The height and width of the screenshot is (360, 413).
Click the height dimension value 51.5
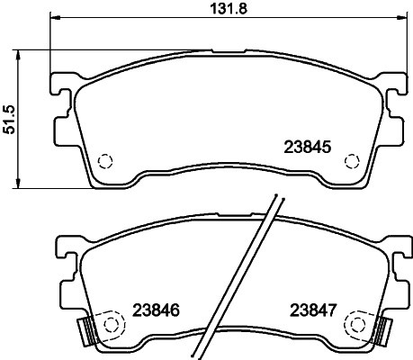click(x=11, y=117)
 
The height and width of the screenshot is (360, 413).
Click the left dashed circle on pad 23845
click(x=103, y=162)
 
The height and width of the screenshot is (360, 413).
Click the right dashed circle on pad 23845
click(x=354, y=162)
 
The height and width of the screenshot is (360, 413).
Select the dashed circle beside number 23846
click(x=112, y=322)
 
